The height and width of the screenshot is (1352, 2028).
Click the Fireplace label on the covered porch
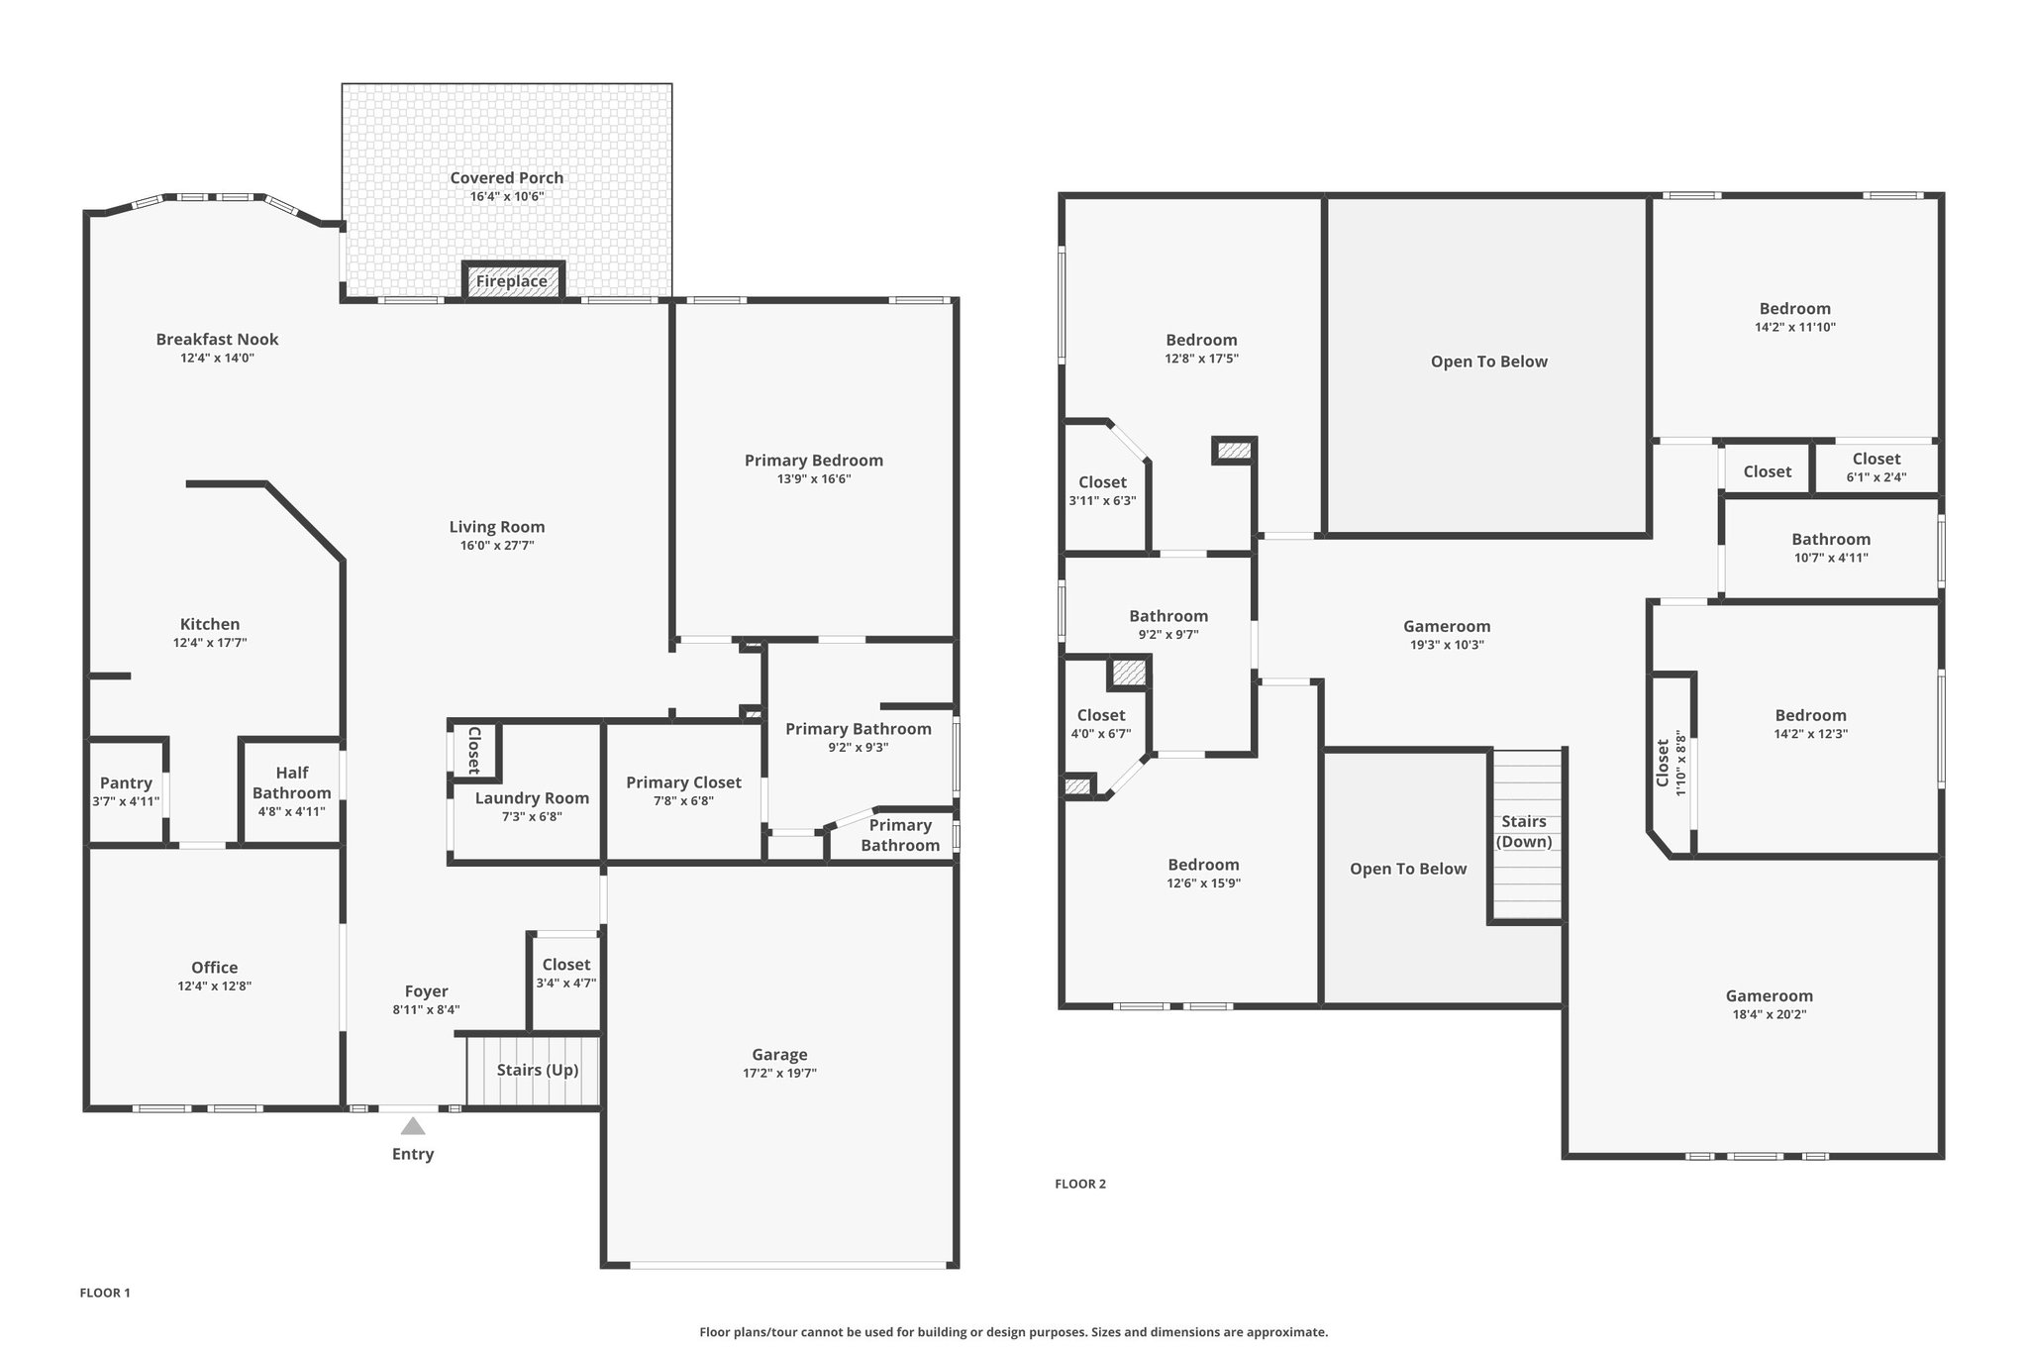point(511,281)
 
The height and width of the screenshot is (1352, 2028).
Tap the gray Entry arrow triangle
point(413,1126)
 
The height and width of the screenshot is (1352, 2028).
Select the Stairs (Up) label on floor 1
point(538,1070)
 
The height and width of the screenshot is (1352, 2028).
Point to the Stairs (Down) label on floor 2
point(1524,831)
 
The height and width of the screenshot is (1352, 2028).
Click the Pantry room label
point(126,783)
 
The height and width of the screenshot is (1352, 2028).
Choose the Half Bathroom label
point(292,782)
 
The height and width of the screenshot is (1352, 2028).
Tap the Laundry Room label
point(532,798)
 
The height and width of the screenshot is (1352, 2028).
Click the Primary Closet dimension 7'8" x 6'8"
point(683,801)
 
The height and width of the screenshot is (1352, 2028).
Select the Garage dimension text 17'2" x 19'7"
point(779,1073)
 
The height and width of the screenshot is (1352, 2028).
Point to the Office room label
point(215,968)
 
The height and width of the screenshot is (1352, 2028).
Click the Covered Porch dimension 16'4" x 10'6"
point(507,196)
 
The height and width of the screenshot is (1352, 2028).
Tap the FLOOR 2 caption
point(1080,1184)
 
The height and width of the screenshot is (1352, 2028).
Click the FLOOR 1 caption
point(105,1293)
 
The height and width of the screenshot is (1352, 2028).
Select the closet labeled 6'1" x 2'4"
point(1876,467)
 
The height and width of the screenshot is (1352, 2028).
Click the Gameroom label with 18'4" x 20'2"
point(1770,996)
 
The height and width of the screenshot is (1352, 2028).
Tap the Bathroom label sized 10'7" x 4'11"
point(1831,540)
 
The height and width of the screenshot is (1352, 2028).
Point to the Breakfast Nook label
point(217,340)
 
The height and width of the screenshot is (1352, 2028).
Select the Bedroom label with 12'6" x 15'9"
point(1203,865)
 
